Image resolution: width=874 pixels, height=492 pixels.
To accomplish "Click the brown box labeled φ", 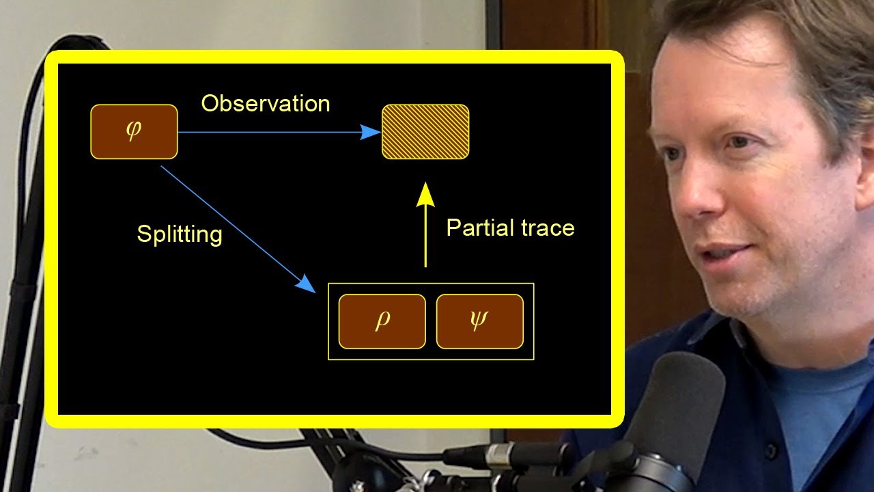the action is (x=134, y=132).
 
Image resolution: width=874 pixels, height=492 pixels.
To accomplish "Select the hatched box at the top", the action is (x=425, y=132).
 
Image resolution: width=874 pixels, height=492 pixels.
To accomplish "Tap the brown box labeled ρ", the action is (x=382, y=321).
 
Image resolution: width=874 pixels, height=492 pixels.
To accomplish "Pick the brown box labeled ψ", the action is (x=479, y=321).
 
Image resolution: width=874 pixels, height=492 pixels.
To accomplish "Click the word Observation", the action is (x=266, y=103).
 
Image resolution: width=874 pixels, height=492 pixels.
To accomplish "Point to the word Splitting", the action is (x=180, y=234).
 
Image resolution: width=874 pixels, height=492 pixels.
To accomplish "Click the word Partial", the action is (x=480, y=228).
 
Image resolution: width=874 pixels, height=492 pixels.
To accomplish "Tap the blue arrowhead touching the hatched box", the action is (x=370, y=132).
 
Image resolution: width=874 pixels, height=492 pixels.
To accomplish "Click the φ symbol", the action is (x=133, y=131).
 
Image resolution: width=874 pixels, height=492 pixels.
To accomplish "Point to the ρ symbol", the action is (x=382, y=321).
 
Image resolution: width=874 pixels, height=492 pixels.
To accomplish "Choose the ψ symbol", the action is (x=479, y=321).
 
